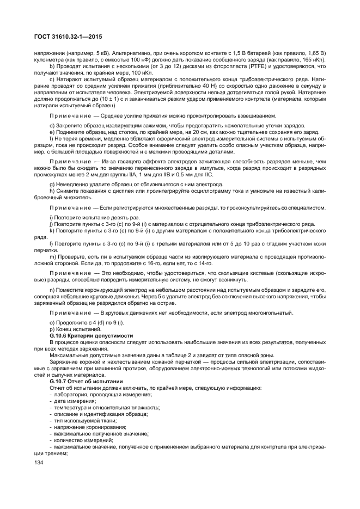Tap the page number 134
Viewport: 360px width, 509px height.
(x=39, y=463)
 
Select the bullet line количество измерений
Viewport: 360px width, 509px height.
(x=80, y=439)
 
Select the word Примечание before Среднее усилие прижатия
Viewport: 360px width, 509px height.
(x=69, y=116)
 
